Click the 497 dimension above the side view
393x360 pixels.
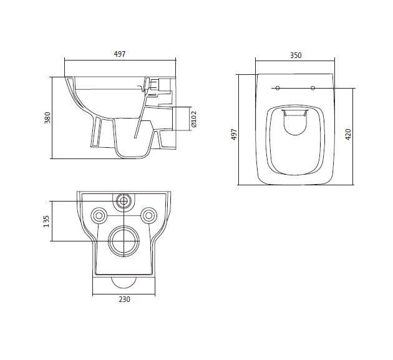(120, 54)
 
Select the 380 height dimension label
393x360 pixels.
(47, 117)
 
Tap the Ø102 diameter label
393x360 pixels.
(194, 119)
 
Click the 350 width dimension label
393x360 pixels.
(296, 55)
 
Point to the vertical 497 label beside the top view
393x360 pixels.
(233, 134)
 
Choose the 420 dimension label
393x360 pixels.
(348, 134)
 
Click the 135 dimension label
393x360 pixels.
(46, 221)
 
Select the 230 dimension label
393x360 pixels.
(124, 299)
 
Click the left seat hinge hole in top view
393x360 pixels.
(278, 88)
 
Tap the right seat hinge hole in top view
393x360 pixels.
(313, 88)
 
